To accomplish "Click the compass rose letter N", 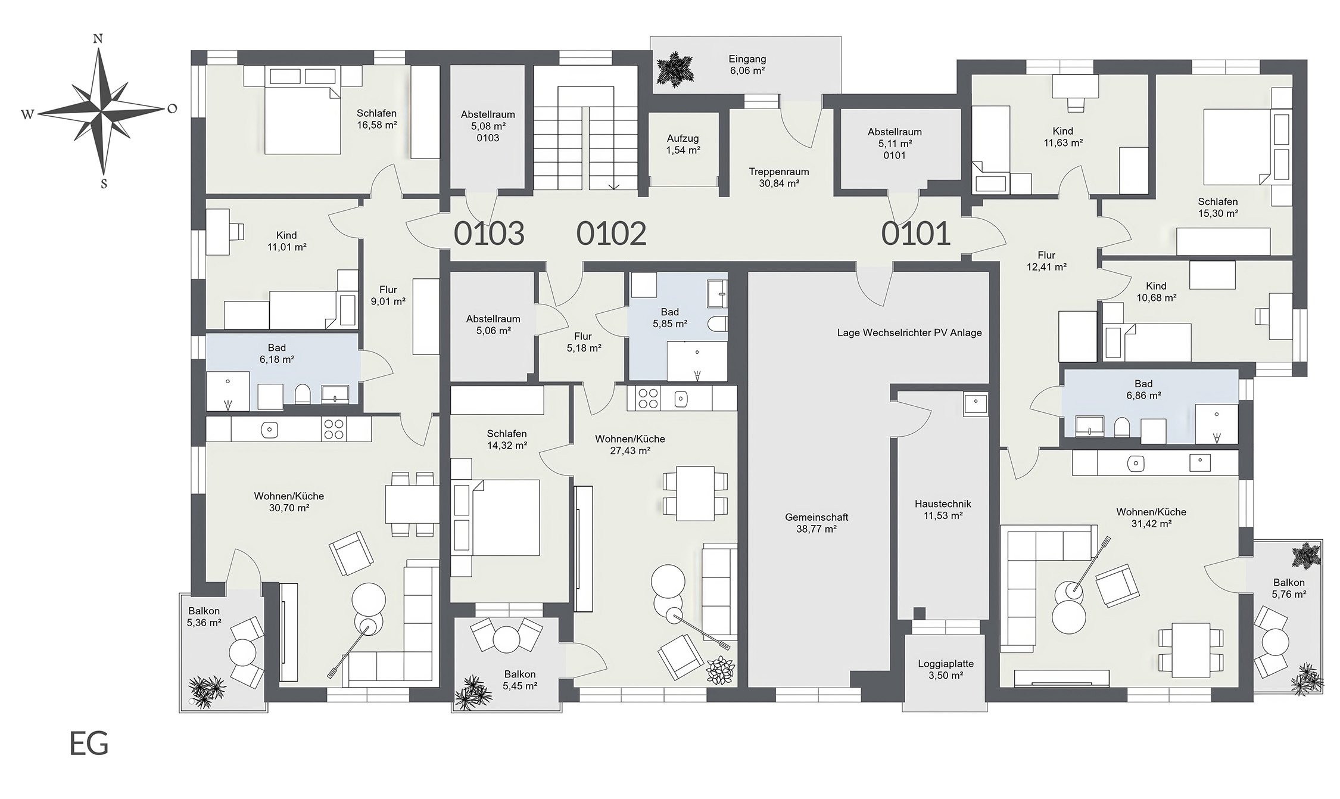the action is tap(98, 39).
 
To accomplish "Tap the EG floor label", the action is tap(89, 744).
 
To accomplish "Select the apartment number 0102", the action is tap(611, 234).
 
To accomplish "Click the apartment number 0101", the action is tap(915, 234).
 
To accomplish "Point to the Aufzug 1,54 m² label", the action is tap(683, 145).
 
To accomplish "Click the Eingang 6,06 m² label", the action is tap(747, 65).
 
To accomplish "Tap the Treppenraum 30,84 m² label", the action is tap(779, 178).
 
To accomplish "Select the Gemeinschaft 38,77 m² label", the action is tap(817, 523).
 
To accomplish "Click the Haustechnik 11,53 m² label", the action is tap(943, 510).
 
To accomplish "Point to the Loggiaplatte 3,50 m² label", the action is tap(945, 670).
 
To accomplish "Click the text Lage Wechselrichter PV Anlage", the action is tap(909, 333).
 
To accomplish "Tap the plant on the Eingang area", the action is tap(675, 70).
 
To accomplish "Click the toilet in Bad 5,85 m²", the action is tap(718, 324).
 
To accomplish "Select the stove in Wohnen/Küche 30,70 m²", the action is tap(334, 429).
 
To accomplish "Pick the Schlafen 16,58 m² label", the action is tap(376, 119).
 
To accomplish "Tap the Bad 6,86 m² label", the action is tap(1143, 390).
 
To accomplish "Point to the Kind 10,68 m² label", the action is tap(1156, 292).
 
